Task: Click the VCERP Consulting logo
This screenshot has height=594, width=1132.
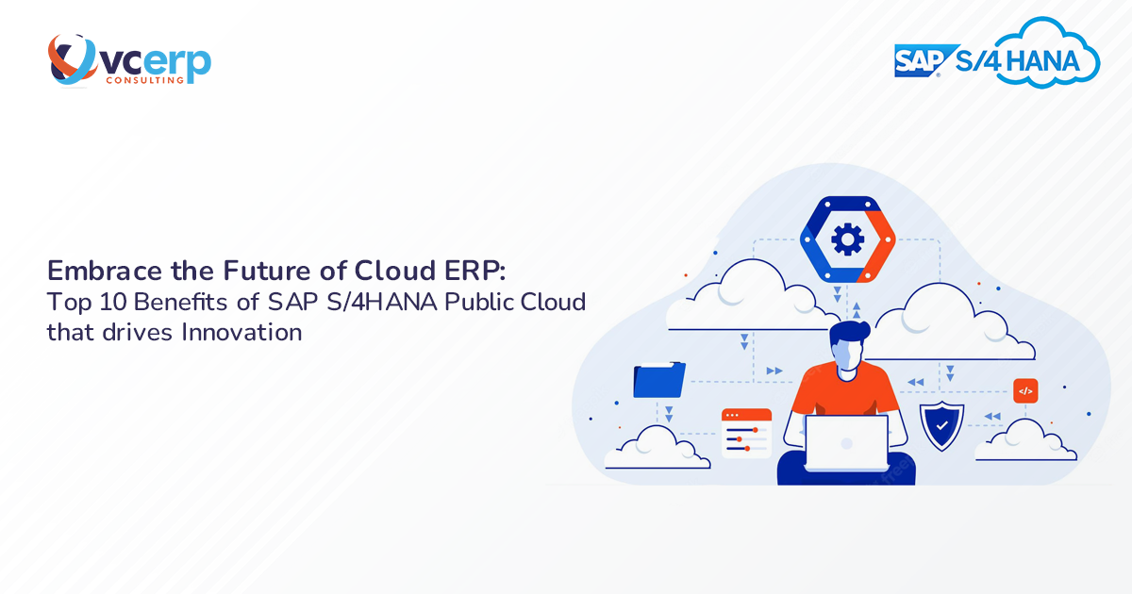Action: coord(129,61)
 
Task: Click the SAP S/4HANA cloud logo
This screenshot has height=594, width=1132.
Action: coord(997,58)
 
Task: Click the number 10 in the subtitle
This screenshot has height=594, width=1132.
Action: coord(103,303)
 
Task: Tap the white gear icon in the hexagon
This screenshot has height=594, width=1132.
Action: coord(846,239)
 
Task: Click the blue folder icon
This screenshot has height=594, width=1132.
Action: coord(659,379)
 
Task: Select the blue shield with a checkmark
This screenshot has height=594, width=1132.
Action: coord(941,425)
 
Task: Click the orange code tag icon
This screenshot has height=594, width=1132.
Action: coord(1025,390)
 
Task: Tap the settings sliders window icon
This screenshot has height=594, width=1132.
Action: coord(746,433)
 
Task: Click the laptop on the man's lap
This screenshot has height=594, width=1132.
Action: coord(846,443)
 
